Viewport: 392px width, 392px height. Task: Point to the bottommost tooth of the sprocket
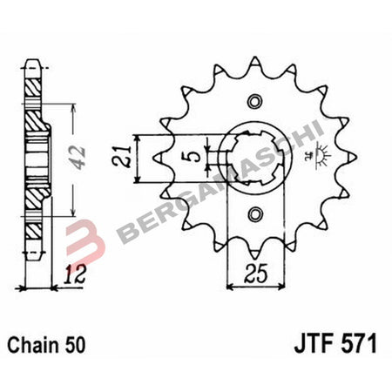(x=254, y=253)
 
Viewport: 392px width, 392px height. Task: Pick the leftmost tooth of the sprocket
(x=156, y=158)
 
